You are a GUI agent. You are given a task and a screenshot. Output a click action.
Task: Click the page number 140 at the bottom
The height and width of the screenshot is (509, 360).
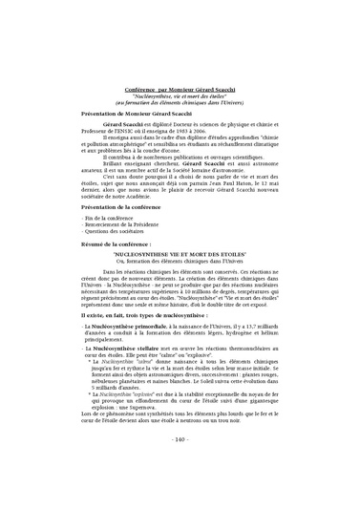[180, 467]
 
